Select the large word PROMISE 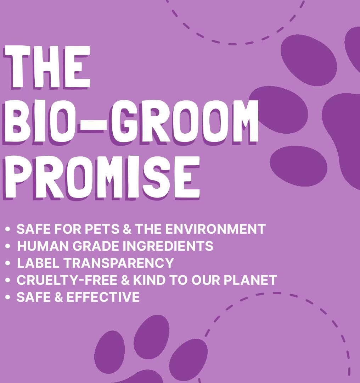click(x=103, y=176)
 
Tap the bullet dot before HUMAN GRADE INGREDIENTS click(x=8, y=246)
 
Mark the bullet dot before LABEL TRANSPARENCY click(x=8, y=263)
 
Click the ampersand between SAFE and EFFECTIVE click(x=58, y=297)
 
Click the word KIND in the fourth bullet click(x=149, y=280)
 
